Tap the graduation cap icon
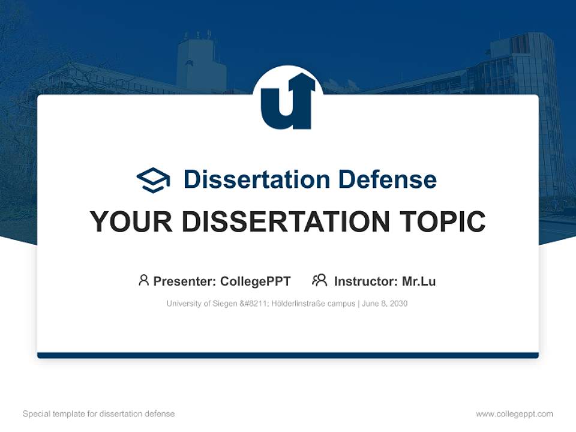pos(153,180)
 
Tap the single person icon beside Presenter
pos(143,280)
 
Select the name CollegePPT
pos(256,281)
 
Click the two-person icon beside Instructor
pos(320,280)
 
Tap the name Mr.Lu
pos(419,281)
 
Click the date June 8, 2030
pos(385,304)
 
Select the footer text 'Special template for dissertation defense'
pos(98,414)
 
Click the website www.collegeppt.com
pos(514,414)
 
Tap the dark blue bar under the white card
pos(288,355)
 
